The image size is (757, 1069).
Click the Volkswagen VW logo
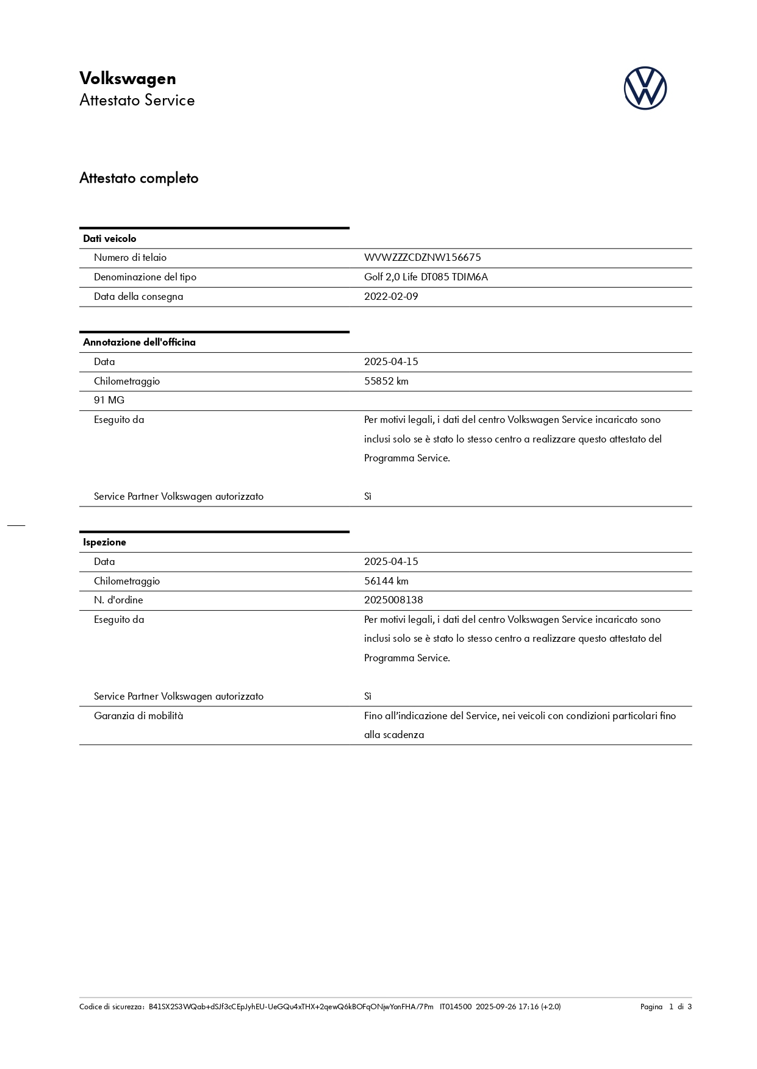tap(645, 88)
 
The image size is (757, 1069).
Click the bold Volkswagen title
tap(127, 79)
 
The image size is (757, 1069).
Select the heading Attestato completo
tap(139, 178)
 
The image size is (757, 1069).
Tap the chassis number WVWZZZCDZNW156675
tap(422, 257)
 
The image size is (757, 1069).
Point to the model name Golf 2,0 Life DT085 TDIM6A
tap(426, 277)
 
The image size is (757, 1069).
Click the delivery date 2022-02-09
tap(391, 296)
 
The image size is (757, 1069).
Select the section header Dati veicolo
tap(110, 238)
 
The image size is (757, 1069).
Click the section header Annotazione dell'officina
tap(139, 342)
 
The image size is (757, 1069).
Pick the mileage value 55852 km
tap(386, 381)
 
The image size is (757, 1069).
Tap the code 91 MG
tap(109, 400)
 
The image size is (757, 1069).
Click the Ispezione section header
tap(104, 542)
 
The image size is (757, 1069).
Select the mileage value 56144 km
tap(386, 581)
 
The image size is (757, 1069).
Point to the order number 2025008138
tap(393, 600)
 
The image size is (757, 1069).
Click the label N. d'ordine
tap(118, 600)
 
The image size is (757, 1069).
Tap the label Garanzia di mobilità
tap(138, 716)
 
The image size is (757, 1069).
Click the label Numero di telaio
tap(130, 257)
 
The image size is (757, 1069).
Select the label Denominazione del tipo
tap(145, 277)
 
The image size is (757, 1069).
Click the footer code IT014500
tap(455, 1006)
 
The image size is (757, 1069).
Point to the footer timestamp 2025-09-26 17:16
tap(507, 1006)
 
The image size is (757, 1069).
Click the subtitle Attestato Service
tap(137, 100)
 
